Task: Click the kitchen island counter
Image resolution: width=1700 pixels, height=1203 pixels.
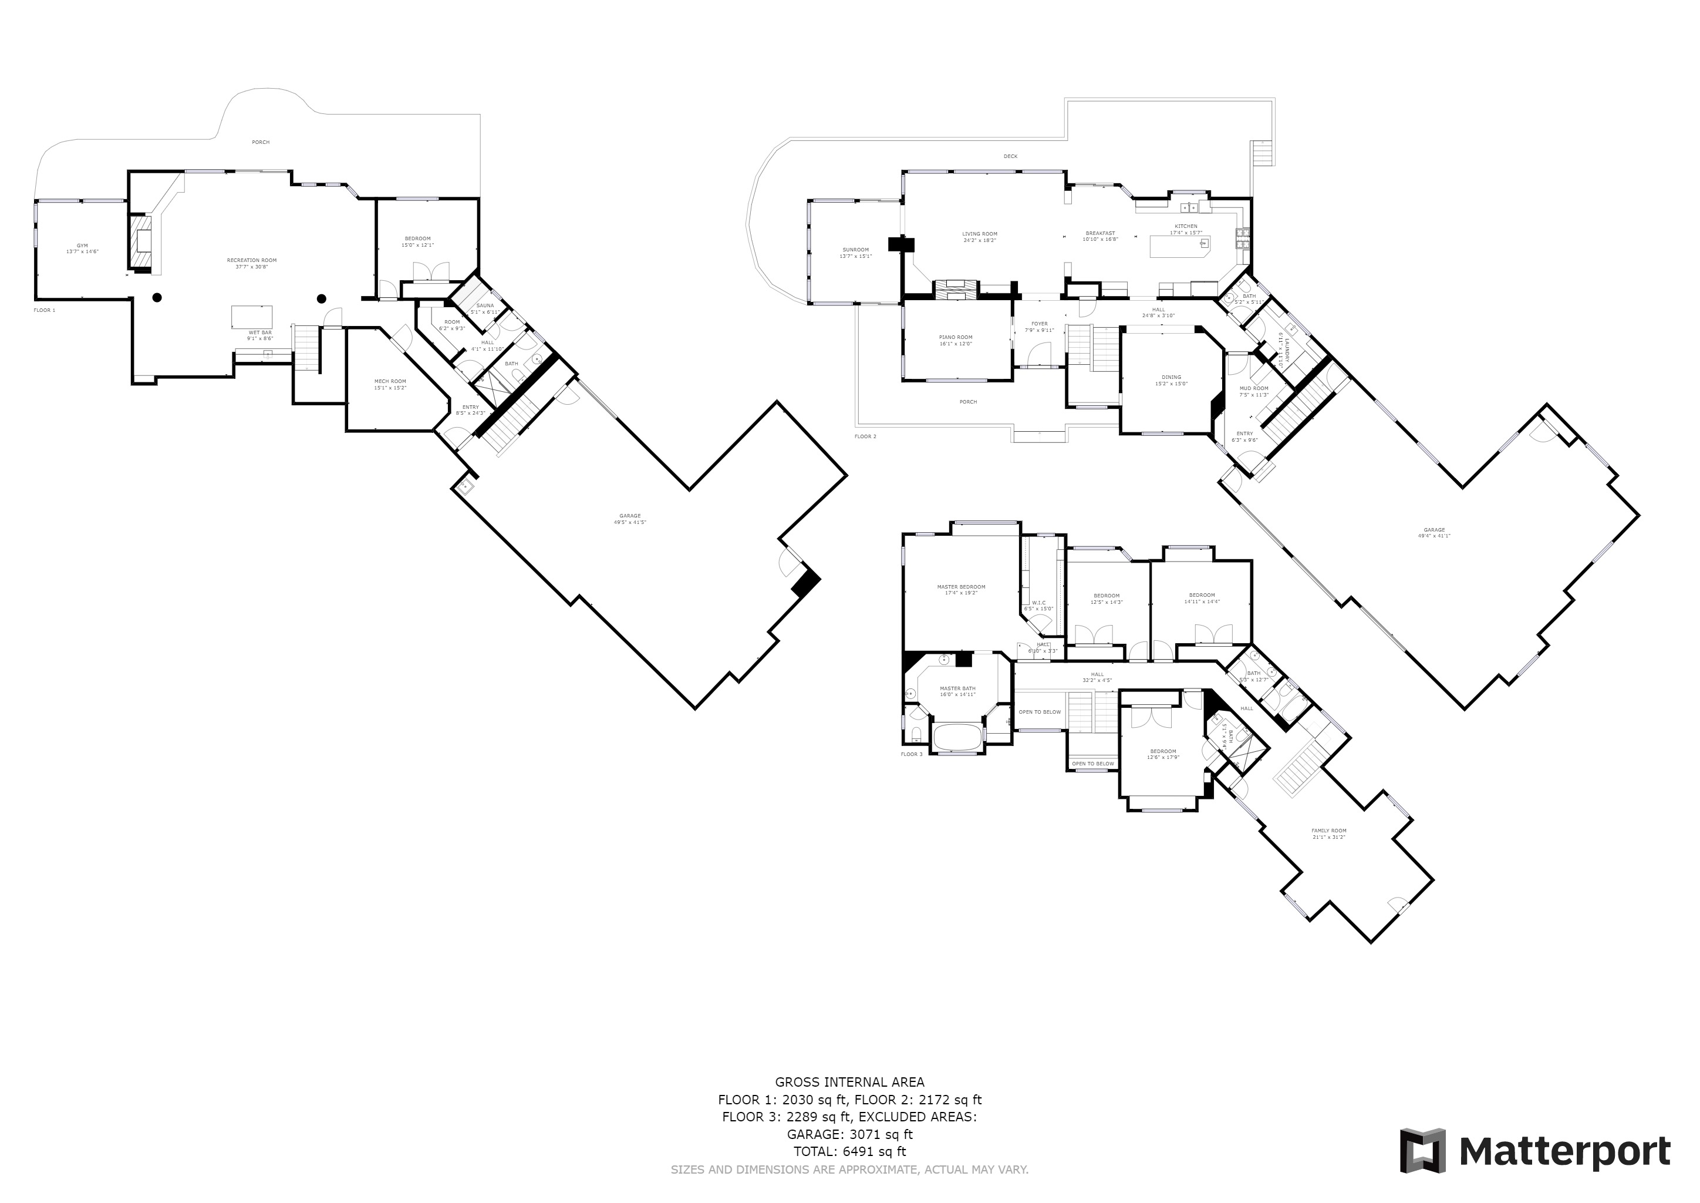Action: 1179,246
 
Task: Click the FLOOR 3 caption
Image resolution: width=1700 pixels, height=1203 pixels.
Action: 912,754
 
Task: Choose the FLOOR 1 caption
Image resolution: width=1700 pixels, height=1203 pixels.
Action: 45,310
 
